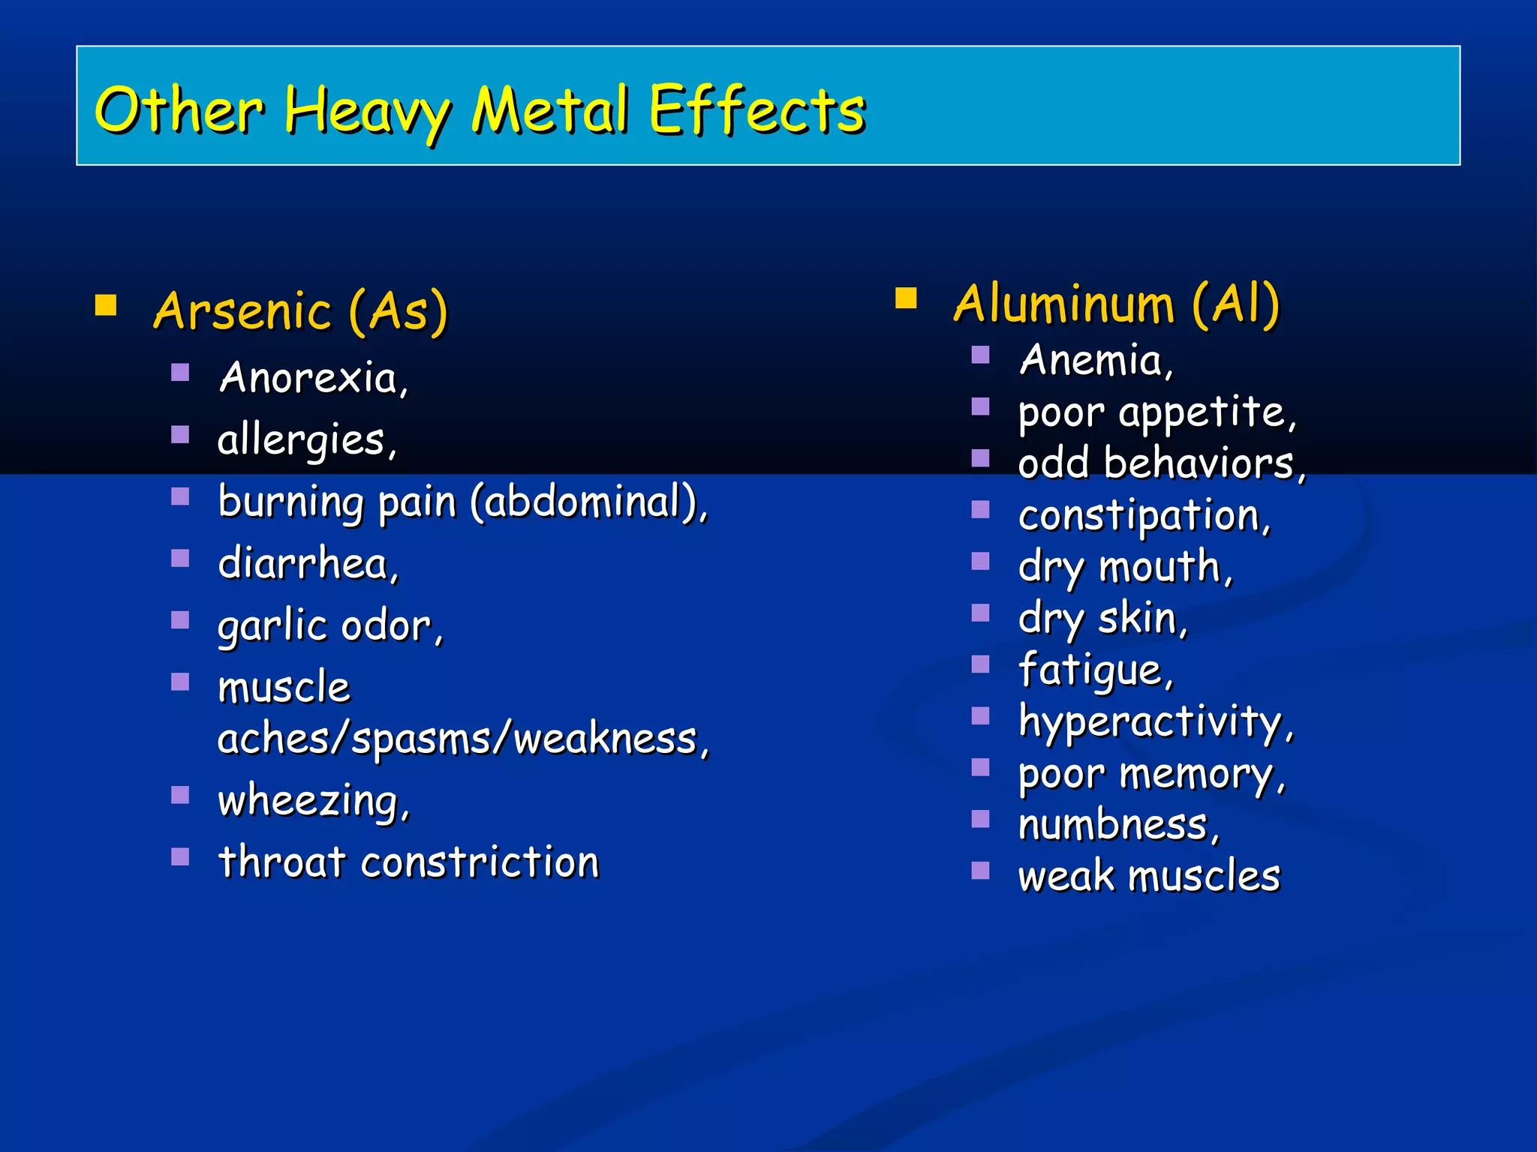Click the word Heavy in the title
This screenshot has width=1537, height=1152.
(x=367, y=112)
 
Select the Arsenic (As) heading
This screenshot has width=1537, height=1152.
(x=300, y=311)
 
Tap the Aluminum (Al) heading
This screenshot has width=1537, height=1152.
(x=1116, y=304)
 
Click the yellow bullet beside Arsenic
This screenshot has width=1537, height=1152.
(x=106, y=305)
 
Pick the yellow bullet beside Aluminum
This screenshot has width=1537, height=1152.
(x=906, y=298)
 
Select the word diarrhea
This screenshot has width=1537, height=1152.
(x=303, y=563)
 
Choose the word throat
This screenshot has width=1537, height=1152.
(x=282, y=862)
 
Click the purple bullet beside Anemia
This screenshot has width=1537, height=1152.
(x=980, y=355)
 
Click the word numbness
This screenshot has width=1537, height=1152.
(x=1114, y=825)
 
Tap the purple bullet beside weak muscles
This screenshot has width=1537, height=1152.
(x=980, y=870)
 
